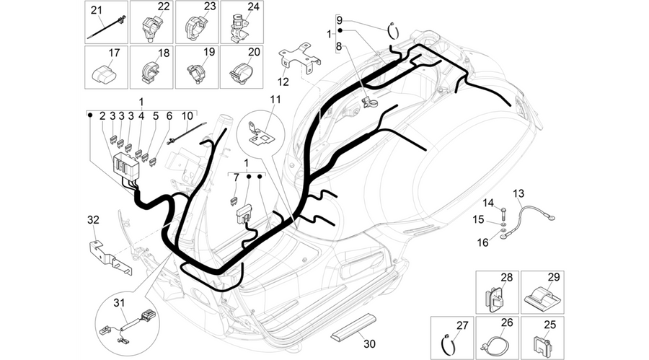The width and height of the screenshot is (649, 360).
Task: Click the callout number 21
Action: click(97, 10)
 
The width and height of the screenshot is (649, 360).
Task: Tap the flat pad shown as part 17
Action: click(103, 74)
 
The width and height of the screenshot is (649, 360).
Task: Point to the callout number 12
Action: click(283, 82)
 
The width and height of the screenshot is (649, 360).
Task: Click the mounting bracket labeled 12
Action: click(300, 57)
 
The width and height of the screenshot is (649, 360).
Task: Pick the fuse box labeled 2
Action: click(125, 165)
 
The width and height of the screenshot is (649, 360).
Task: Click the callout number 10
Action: click(187, 115)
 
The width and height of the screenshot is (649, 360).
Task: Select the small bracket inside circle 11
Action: click(260, 133)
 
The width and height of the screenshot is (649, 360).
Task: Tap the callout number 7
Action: click(237, 178)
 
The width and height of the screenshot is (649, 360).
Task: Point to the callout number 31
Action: click(119, 303)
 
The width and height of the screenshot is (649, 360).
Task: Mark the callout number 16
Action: click(483, 242)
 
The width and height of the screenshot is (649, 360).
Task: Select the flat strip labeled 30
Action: click(353, 326)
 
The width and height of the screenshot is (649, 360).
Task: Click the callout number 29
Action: click(554, 278)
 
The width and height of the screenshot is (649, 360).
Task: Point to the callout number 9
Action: click(340, 20)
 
